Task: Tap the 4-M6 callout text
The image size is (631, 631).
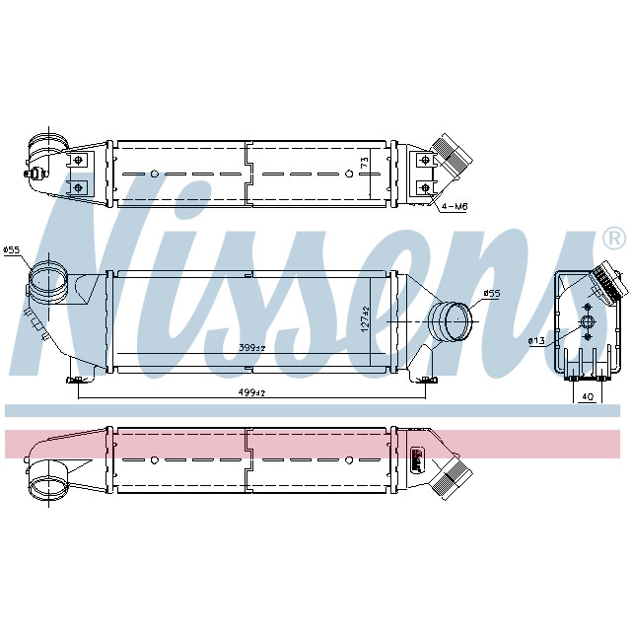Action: click(x=455, y=206)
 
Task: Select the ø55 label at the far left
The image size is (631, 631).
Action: click(x=13, y=250)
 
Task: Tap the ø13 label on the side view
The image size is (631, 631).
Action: click(x=536, y=340)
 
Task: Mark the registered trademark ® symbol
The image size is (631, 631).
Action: click(x=612, y=238)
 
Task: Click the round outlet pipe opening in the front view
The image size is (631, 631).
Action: click(x=452, y=322)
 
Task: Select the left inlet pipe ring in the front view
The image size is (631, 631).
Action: click(x=45, y=280)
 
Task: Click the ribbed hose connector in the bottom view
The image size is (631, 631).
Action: click(x=453, y=480)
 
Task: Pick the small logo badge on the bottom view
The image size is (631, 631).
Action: click(x=417, y=455)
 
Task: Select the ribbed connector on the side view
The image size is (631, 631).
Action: click(x=604, y=284)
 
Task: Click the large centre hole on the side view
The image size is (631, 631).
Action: click(x=588, y=322)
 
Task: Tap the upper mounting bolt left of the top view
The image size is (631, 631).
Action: click(x=77, y=158)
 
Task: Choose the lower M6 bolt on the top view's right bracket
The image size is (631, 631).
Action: click(x=425, y=185)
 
